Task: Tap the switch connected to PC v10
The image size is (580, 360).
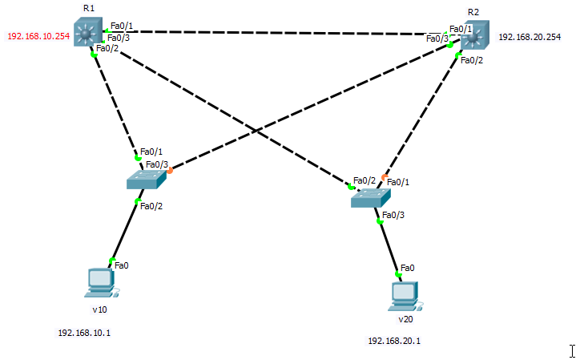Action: pyautogui.click(x=145, y=180)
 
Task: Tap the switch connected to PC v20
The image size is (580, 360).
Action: pyautogui.click(x=369, y=197)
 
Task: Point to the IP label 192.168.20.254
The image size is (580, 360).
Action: pyautogui.click(x=530, y=37)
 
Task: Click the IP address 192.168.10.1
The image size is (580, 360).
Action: pyautogui.click(x=84, y=332)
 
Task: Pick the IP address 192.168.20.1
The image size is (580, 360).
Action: pyautogui.click(x=394, y=341)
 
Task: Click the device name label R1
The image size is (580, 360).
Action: pyautogui.click(x=88, y=8)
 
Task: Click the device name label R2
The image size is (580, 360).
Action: pyautogui.click(x=473, y=12)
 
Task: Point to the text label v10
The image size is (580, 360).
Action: pyautogui.click(x=99, y=309)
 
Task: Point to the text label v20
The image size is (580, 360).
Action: pyautogui.click(x=405, y=319)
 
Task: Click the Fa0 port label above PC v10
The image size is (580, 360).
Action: pyautogui.click(x=122, y=265)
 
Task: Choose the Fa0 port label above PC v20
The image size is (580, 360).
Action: pyautogui.click(x=407, y=267)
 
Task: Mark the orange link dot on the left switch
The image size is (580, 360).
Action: pyautogui.click(x=170, y=170)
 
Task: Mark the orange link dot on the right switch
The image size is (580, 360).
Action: pyautogui.click(x=385, y=176)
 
